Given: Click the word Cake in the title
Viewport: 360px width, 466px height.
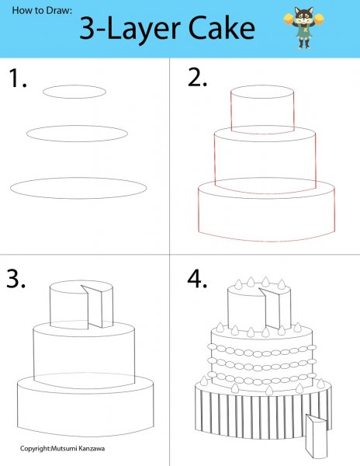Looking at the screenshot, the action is click(x=222, y=28).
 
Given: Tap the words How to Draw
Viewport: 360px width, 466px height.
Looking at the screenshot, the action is click(x=42, y=10).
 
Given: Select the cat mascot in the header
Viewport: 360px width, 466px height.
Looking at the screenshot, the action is click(x=303, y=28).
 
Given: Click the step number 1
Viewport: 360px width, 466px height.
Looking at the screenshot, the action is click(x=18, y=78).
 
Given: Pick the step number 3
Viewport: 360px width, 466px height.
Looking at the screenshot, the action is click(x=16, y=279).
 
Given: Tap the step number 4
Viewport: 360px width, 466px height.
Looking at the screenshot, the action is click(x=197, y=279).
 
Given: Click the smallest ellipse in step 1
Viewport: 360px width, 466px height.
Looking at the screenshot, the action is click(x=74, y=85).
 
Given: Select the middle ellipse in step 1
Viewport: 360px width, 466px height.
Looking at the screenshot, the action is click(x=77, y=126).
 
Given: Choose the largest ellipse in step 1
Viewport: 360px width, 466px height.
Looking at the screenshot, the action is click(x=78, y=178).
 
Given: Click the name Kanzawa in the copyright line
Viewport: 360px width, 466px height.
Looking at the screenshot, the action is click(x=92, y=448).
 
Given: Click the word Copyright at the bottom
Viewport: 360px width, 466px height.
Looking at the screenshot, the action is click(x=35, y=449).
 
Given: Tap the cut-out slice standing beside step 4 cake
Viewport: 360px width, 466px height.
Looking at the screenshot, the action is click(x=317, y=436).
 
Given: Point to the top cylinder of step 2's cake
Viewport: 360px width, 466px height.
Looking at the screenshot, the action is click(x=230, y=110).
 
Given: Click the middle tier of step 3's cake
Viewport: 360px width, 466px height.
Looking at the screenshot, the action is click(x=33, y=353).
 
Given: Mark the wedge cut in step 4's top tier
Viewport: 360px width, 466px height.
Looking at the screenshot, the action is click(x=269, y=308).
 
